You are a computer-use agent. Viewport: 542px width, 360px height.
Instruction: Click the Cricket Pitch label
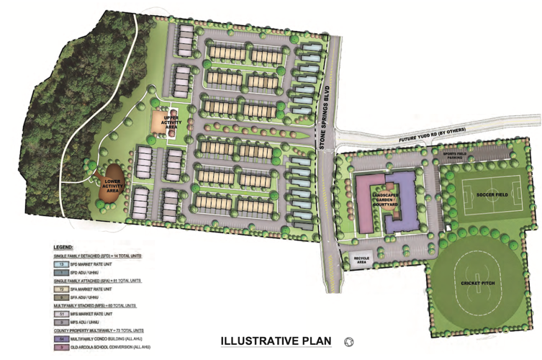[x=480, y=283]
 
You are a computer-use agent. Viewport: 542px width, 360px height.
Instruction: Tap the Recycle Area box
[x=361, y=260]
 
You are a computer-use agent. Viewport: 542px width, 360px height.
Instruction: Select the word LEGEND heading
[x=63, y=247]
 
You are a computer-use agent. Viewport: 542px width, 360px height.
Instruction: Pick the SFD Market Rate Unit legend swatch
[x=60, y=264]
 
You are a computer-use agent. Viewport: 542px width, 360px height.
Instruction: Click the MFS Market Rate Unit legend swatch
[x=60, y=313]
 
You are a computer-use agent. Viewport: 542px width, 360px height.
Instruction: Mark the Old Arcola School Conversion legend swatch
[x=60, y=347]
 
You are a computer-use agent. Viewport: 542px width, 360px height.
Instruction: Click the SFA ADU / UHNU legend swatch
[x=60, y=297]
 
